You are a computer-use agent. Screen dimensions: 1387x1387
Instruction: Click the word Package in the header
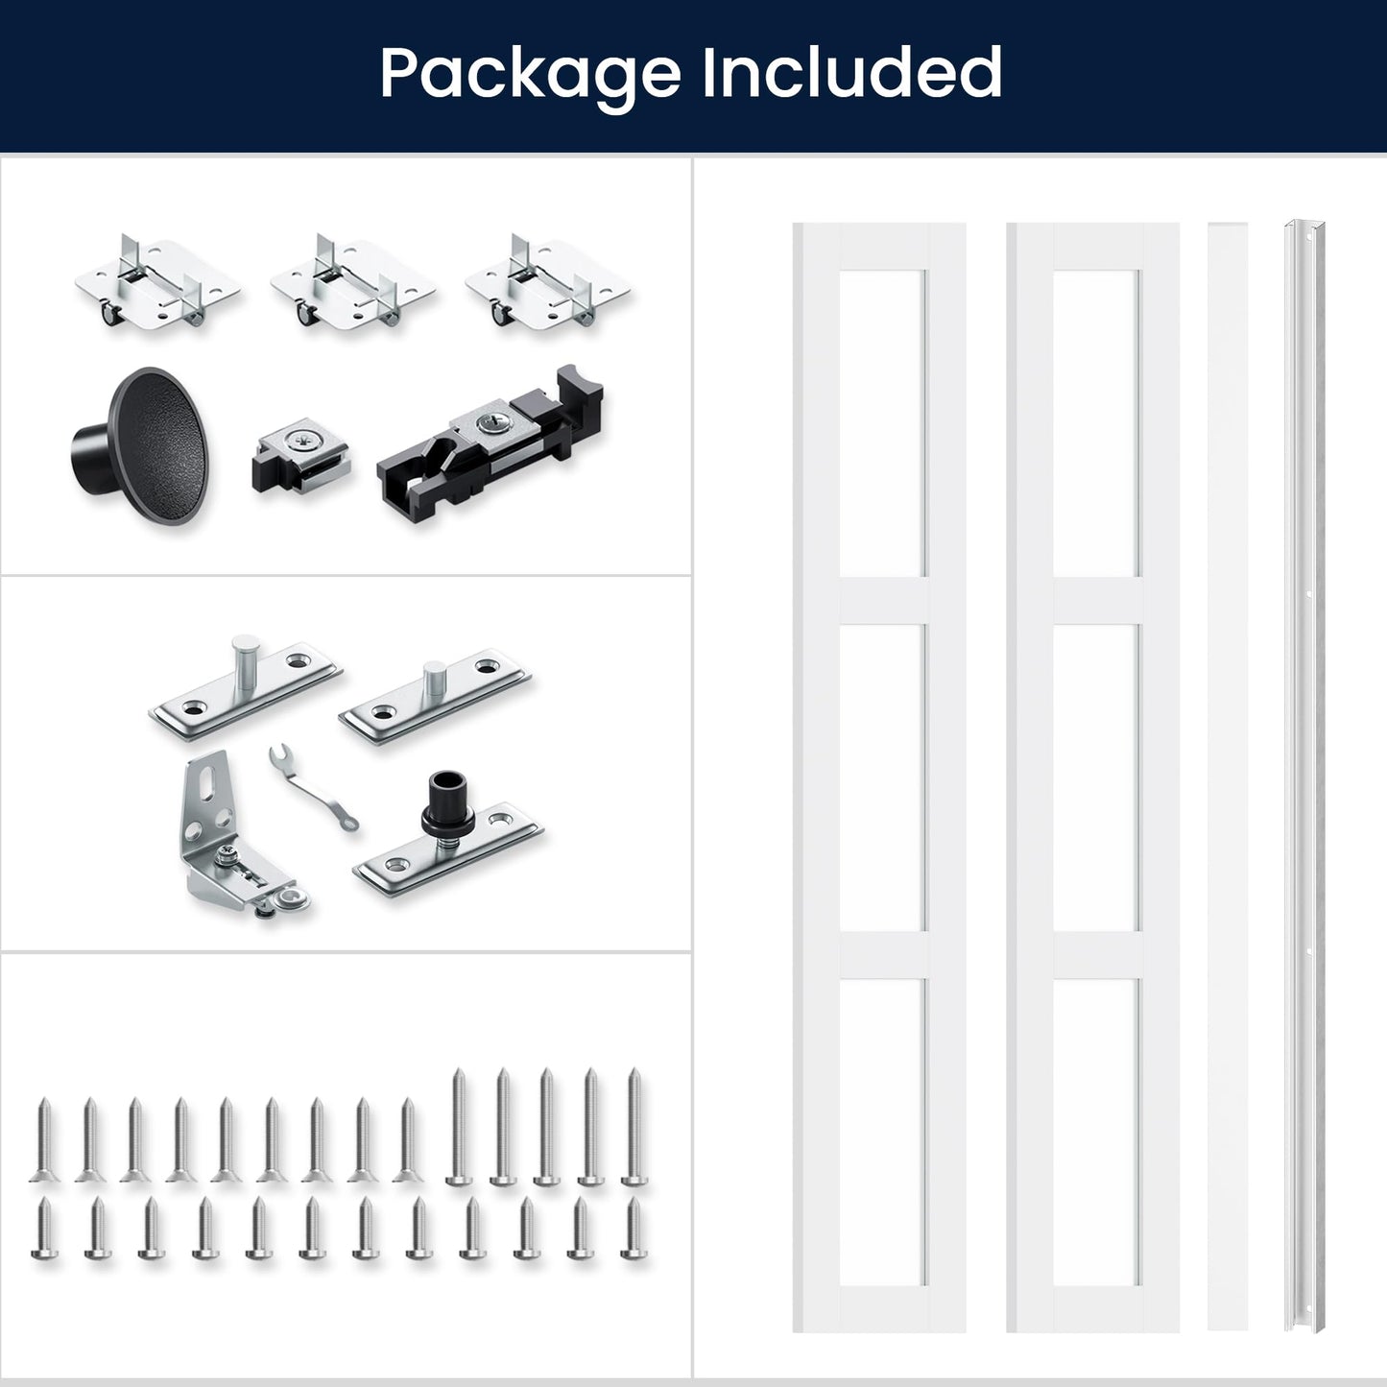coord(531,74)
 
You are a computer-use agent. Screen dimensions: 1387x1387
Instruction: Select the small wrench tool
coord(313,787)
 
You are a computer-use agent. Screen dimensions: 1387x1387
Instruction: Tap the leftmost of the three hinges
coord(157,283)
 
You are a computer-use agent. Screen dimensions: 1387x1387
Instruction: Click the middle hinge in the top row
coord(352,283)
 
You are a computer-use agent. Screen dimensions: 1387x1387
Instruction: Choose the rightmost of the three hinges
coord(548,283)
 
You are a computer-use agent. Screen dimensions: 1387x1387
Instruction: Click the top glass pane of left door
coord(882,423)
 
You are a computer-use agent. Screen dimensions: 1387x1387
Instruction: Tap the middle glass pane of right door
coord(1096,777)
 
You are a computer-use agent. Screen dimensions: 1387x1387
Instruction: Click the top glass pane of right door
coord(1096,423)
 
